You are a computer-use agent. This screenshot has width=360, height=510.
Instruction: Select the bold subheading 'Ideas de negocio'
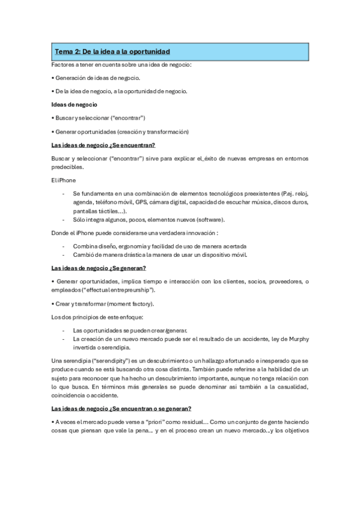point(72,104)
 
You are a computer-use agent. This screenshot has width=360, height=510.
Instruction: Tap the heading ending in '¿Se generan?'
point(99,268)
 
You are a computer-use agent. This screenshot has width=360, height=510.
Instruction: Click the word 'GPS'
point(141,203)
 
